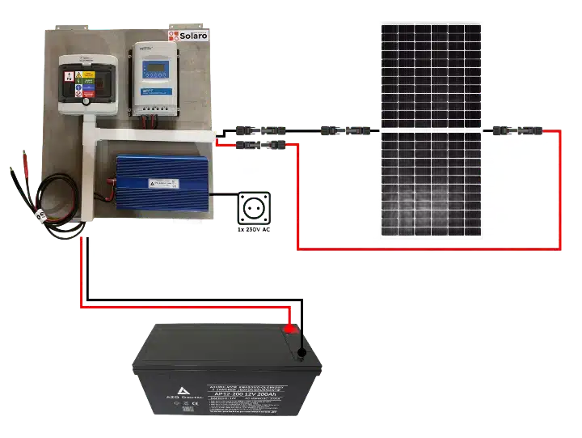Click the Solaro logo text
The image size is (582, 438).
[193, 36]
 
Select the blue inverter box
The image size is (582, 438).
[153, 181]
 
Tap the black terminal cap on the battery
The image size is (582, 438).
[302, 353]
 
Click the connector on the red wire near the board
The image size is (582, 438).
[256, 144]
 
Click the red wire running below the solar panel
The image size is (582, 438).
[428, 249]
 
